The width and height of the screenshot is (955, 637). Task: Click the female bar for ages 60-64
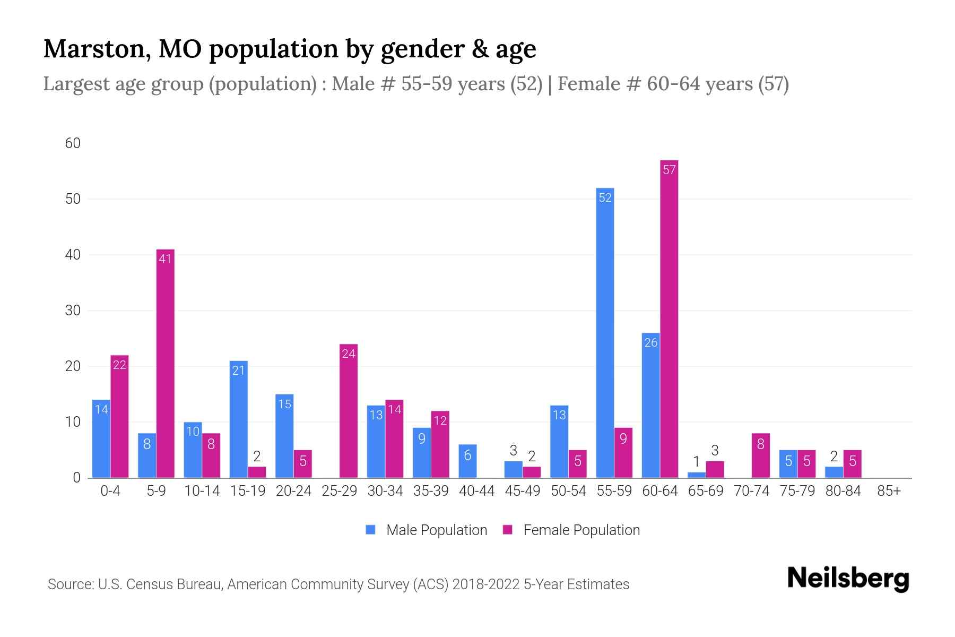click(x=669, y=318)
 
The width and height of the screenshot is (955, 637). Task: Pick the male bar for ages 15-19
click(x=238, y=419)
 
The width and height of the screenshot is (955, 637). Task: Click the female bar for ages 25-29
click(x=349, y=411)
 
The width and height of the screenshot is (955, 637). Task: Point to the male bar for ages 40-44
click(x=467, y=461)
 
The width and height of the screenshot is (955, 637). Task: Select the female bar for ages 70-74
click(x=760, y=455)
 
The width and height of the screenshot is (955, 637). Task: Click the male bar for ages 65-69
click(x=697, y=475)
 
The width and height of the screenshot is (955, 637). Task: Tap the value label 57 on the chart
click(x=669, y=170)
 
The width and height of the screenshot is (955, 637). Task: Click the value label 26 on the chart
click(x=651, y=343)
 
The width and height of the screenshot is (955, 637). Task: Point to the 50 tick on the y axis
click(x=73, y=199)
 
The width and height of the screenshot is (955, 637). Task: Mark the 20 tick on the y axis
click(x=73, y=366)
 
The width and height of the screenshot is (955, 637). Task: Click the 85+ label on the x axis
click(x=889, y=491)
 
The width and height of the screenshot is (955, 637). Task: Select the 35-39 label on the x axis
click(x=431, y=491)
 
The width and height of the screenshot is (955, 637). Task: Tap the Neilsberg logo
click(x=848, y=578)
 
